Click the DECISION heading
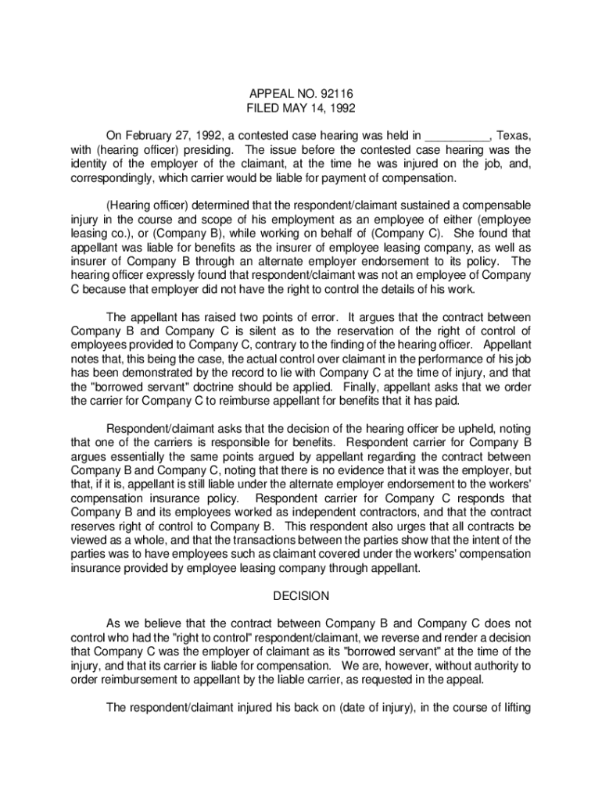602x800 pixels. tap(301, 596)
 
